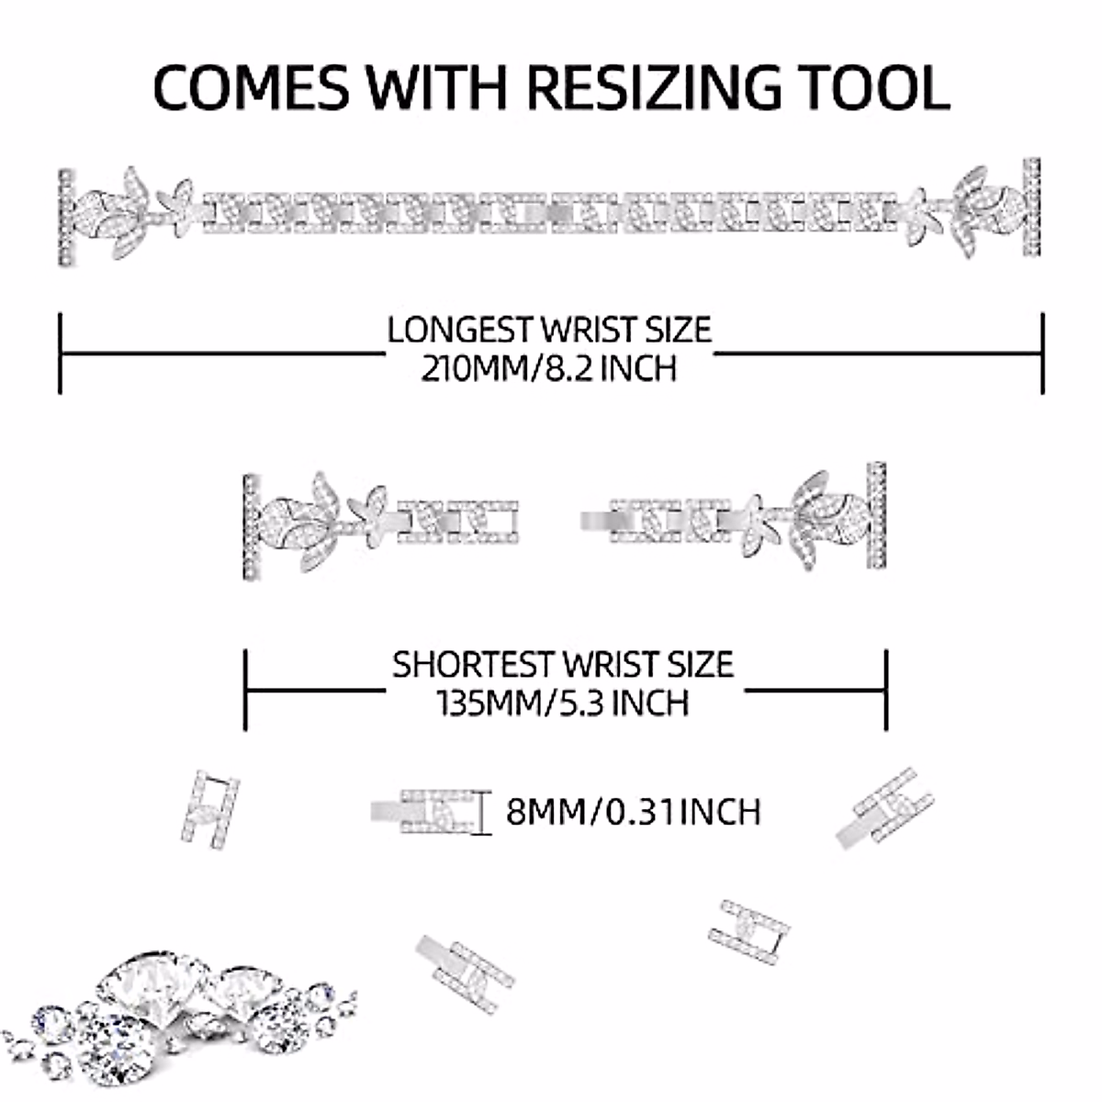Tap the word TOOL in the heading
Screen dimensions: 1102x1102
[x=867, y=87]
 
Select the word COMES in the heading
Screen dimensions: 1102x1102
[x=251, y=87]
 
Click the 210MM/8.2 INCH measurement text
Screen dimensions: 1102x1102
[x=549, y=368]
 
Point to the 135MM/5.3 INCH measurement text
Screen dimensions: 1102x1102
[x=562, y=703]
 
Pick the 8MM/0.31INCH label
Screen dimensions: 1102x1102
[x=634, y=812]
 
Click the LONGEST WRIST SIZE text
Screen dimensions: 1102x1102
[x=549, y=329]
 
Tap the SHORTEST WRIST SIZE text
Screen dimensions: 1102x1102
[x=563, y=664]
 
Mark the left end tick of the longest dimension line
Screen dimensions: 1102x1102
[x=61, y=354]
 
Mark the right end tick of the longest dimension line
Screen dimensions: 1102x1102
[x=1042, y=354]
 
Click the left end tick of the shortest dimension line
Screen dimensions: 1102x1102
[x=245, y=689]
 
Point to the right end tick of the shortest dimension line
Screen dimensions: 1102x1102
[x=886, y=689]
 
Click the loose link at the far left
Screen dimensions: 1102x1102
[x=210, y=808]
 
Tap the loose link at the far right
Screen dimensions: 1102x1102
[x=885, y=806]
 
